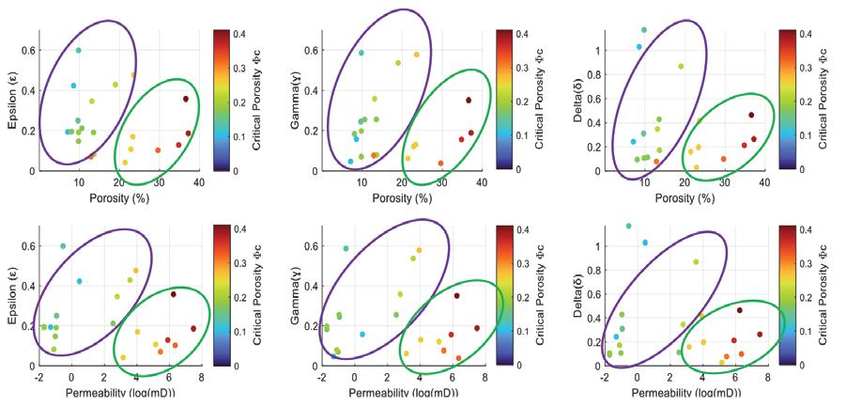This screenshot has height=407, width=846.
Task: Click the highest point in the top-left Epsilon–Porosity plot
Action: pyautogui.click(x=79, y=50)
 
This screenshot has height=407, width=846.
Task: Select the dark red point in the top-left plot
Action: pyautogui.click(x=186, y=99)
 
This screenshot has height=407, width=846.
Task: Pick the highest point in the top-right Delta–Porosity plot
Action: pyautogui.click(x=644, y=30)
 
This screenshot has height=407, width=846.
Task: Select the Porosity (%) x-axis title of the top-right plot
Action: pyautogui.click(x=684, y=197)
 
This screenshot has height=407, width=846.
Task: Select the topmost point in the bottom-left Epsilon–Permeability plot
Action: pyautogui.click(x=64, y=246)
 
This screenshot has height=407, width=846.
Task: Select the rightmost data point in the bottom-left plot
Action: pyautogui.click(x=193, y=329)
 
